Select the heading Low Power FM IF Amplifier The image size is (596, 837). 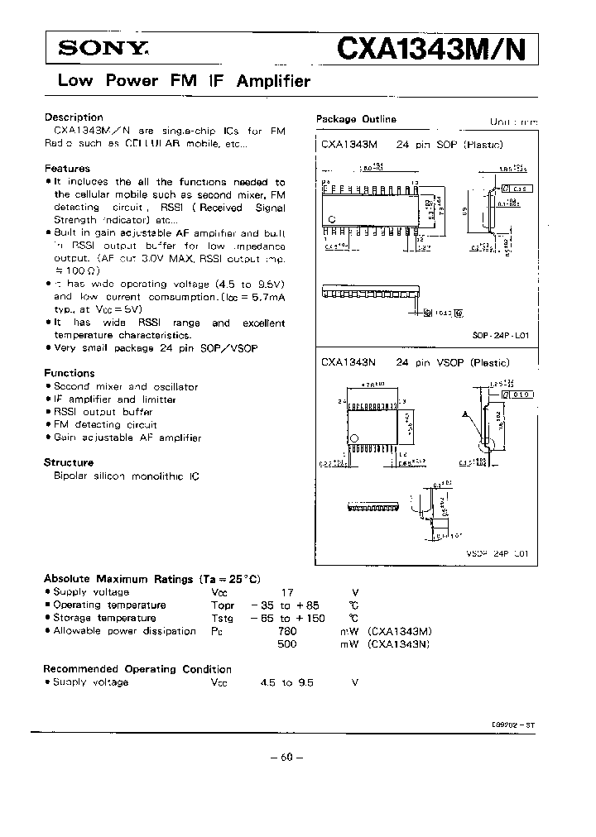pyautogui.click(x=183, y=81)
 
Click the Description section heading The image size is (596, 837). pyautogui.click(x=74, y=117)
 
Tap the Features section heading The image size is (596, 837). pyautogui.click(x=67, y=169)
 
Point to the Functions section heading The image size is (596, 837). pyautogui.click(x=70, y=373)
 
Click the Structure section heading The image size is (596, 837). pyautogui.click(x=69, y=462)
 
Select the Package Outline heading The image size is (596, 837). pyautogui.click(x=356, y=119)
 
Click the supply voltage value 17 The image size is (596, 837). pyautogui.click(x=288, y=592)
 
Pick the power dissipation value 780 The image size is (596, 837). pyautogui.click(x=287, y=631)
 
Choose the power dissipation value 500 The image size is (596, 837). pyautogui.click(x=287, y=643)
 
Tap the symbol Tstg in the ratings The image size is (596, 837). pyautogui.click(x=223, y=618)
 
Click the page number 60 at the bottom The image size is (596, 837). pyautogui.click(x=287, y=757)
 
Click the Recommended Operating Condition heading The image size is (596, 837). pyautogui.click(x=137, y=669)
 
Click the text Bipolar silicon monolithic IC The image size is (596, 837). pyautogui.click(x=126, y=476)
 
